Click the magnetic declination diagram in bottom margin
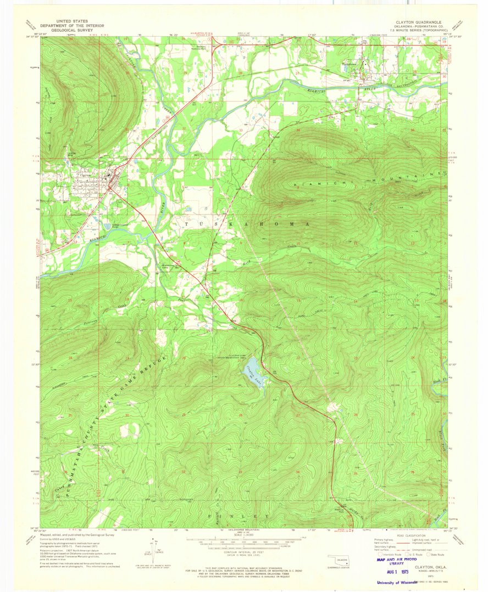point(153,550)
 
